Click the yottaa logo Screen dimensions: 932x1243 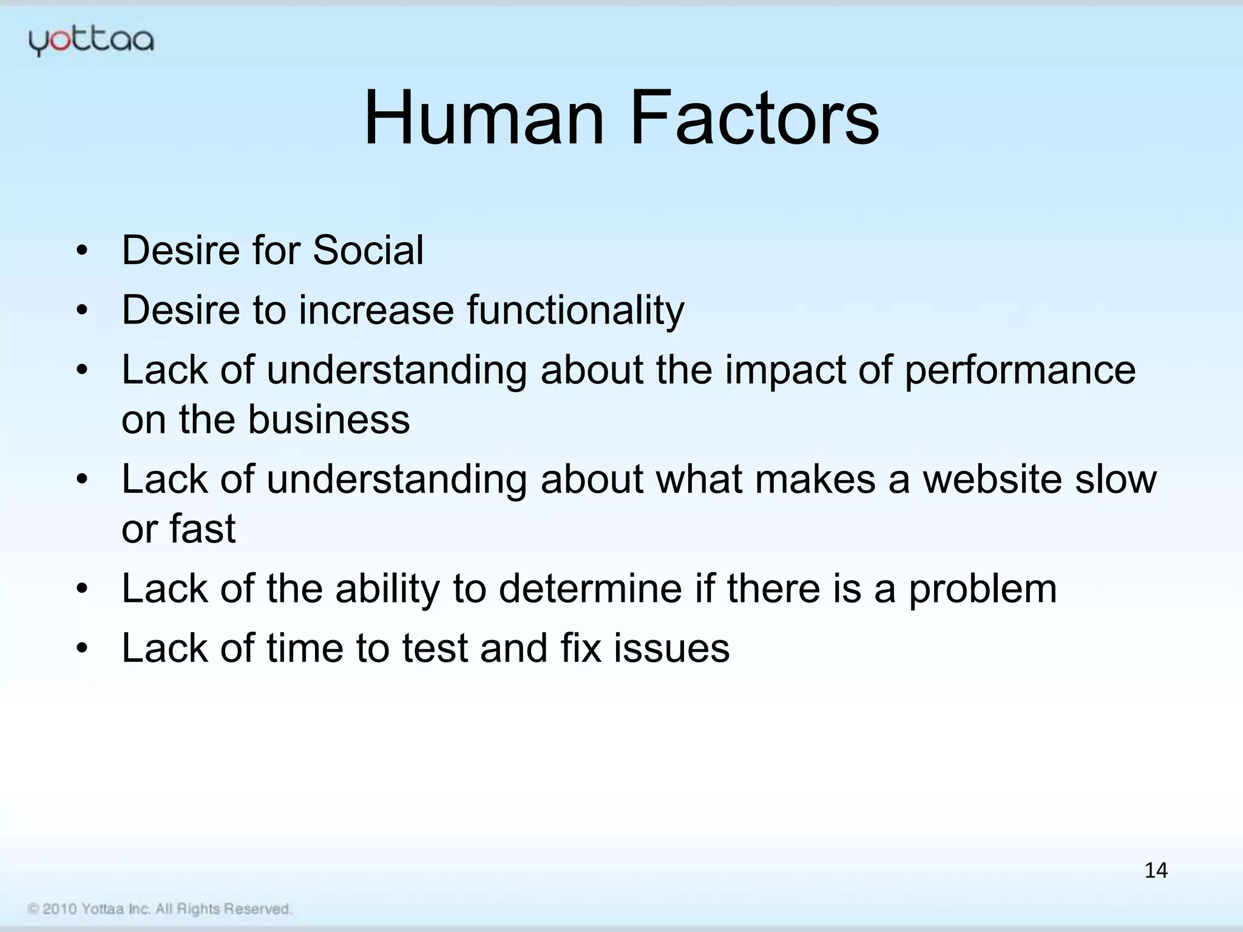[91, 41]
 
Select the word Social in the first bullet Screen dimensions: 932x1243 [368, 250]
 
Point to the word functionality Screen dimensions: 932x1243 [575, 311]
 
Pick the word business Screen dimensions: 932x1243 [329, 420]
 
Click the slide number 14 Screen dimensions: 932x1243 [1156, 871]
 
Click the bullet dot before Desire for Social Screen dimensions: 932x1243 [83, 251]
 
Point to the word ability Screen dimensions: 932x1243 [387, 590]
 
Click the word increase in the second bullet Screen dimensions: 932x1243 [376, 311]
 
